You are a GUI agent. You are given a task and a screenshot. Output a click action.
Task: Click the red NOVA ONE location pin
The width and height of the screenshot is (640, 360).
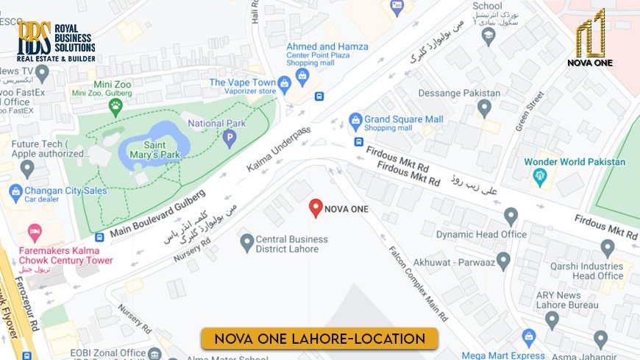click(316, 208)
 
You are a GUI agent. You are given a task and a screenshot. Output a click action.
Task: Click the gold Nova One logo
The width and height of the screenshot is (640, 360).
click(590, 38)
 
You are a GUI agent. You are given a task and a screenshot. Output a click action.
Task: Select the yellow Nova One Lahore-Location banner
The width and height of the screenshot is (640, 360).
click(319, 339)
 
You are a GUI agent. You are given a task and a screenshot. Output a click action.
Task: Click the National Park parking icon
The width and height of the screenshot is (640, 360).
click(230, 138)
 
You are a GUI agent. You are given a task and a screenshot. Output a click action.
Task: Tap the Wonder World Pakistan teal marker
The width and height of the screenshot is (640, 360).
click(541, 177)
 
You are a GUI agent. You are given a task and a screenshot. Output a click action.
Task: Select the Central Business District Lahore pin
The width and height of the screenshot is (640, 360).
click(247, 241)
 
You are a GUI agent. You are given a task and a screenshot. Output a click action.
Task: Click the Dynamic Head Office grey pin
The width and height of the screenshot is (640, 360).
click(511, 216)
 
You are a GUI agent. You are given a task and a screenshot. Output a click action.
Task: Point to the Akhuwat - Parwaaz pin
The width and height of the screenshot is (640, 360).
click(503, 260)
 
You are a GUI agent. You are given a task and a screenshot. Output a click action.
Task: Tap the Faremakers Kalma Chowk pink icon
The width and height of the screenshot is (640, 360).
click(34, 233)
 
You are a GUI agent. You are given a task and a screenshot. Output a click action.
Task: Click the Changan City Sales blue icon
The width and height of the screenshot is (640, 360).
click(15, 193)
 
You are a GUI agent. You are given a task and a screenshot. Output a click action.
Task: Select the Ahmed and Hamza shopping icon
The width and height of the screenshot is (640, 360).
click(302, 75)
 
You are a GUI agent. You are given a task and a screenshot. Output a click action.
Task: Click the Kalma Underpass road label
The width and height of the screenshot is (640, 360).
click(279, 150)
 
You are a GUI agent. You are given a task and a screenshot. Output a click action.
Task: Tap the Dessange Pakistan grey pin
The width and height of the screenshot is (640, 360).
click(483, 107)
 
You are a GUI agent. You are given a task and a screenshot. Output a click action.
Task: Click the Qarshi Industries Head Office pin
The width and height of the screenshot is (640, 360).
click(607, 247)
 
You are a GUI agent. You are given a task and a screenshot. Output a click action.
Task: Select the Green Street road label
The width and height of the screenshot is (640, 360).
click(530, 110)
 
